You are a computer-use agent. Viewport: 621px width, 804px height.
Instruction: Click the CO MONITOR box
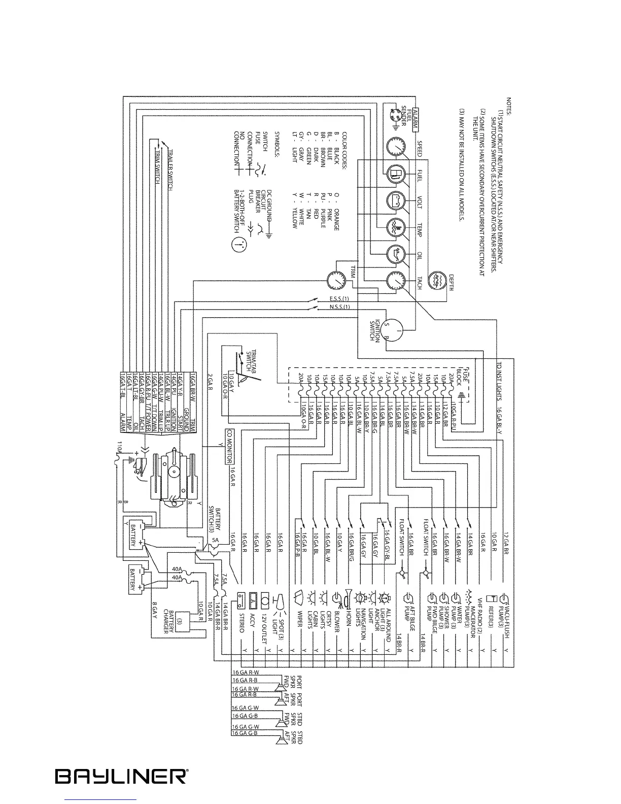(229, 446)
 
